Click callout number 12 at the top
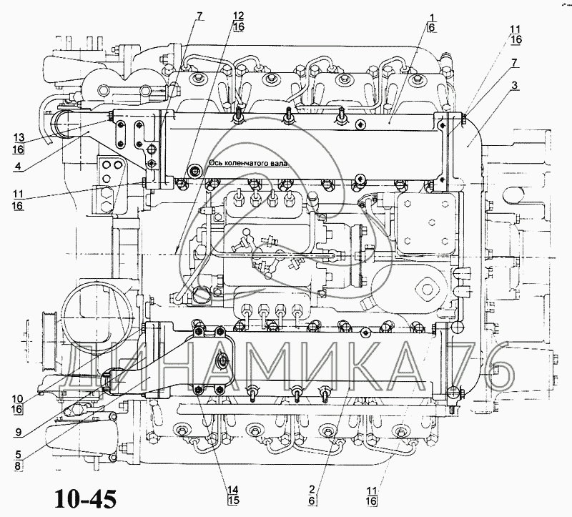coord(239,16)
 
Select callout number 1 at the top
coord(432,17)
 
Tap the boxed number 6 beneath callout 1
coord(432,27)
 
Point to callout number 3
coord(514,86)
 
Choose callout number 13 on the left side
coord(19,137)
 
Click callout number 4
coord(18,166)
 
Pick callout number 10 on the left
coord(17,398)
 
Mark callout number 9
coord(18,433)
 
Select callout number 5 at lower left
coord(18,455)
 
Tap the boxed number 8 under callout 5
coord(18,466)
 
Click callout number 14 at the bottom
coord(233,490)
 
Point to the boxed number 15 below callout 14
coord(233,501)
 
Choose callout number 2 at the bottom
coord(311,490)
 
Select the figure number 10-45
coord(86,498)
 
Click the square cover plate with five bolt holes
coord(426,223)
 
